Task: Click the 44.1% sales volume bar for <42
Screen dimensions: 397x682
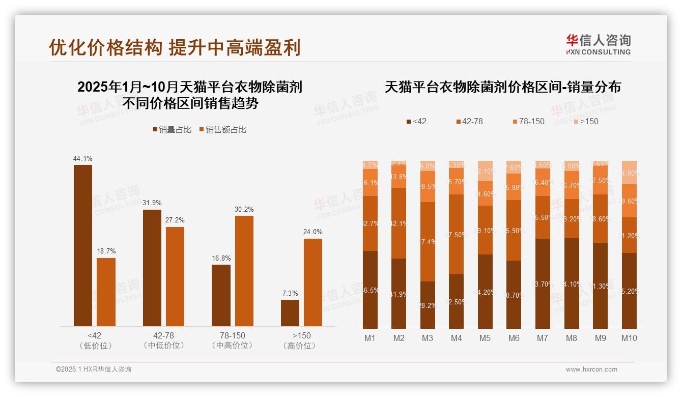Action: [x=83, y=245]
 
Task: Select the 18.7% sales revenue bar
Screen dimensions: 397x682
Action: [x=106, y=292]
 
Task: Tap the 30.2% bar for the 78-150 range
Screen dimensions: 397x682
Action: [x=244, y=271]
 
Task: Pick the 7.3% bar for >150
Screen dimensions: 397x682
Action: [x=290, y=313]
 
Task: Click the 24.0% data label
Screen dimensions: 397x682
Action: [x=313, y=232]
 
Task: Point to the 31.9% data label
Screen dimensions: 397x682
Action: [x=152, y=203]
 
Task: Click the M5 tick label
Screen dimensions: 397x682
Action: [x=485, y=338]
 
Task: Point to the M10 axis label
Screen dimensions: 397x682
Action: [x=629, y=338]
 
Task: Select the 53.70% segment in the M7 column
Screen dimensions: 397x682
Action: [x=543, y=283]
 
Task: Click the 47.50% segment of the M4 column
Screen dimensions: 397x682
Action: [x=457, y=235]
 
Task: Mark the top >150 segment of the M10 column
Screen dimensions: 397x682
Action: [x=629, y=173]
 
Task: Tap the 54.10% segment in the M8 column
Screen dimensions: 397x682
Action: [x=572, y=283]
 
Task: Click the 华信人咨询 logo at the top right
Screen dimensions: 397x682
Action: [x=598, y=44]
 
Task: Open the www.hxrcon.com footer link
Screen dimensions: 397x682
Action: [x=591, y=370]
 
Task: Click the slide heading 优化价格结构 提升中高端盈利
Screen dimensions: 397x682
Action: [x=175, y=47]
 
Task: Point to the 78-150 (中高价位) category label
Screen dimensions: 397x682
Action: [x=233, y=341]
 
